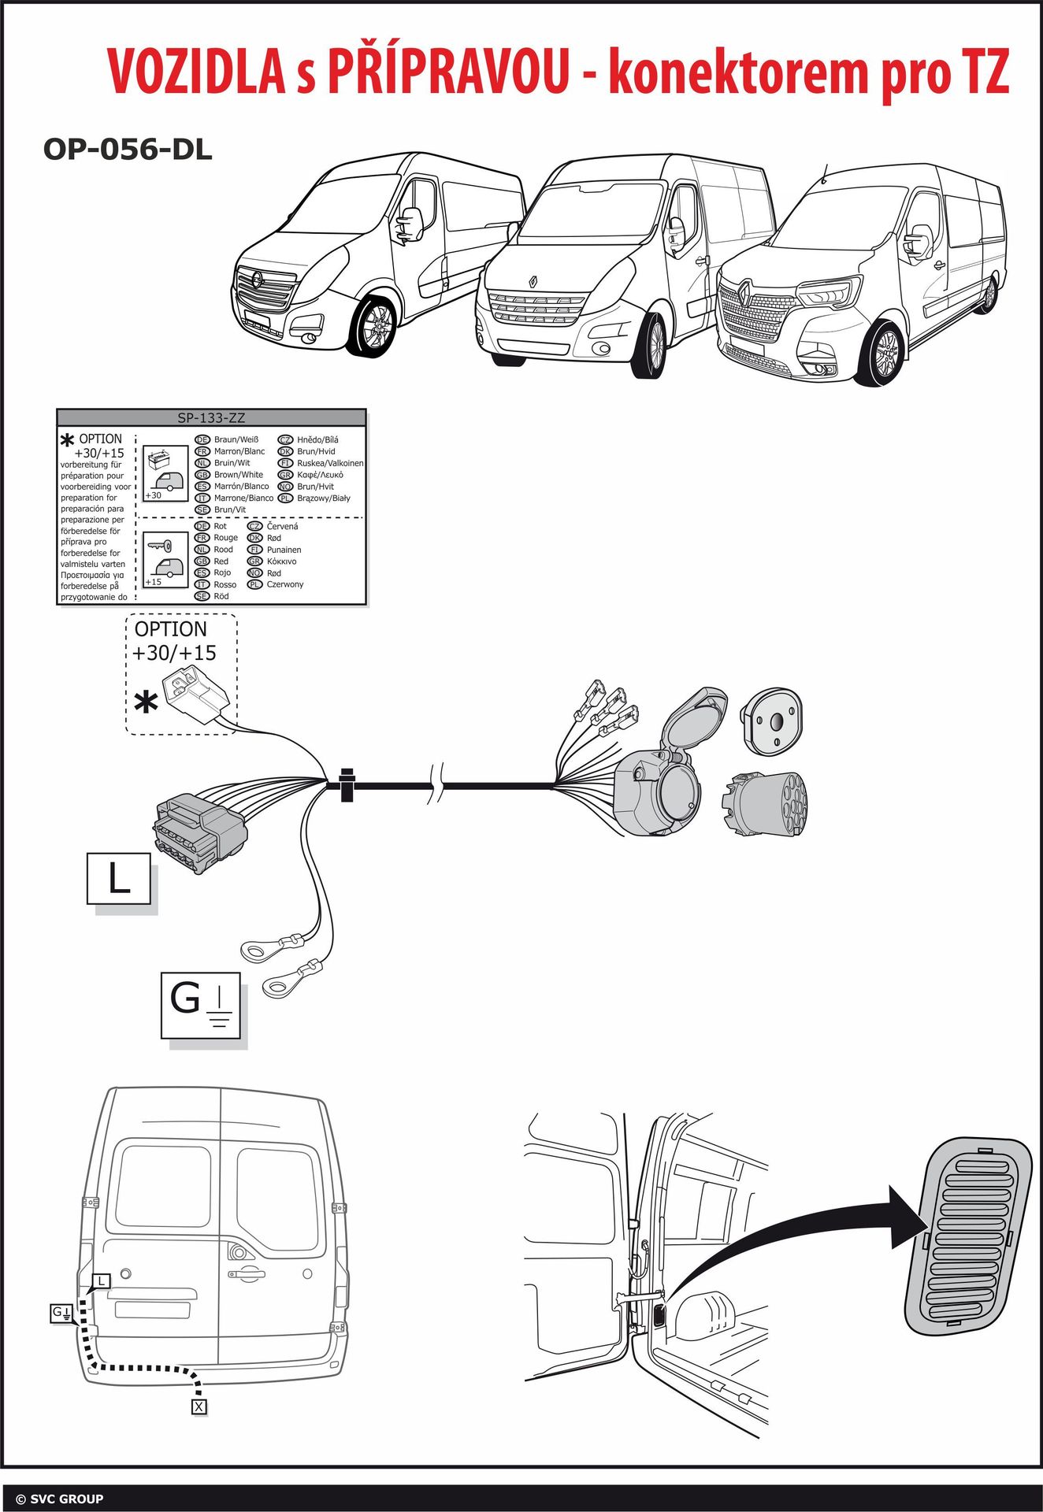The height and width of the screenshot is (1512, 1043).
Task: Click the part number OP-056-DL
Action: coord(128,149)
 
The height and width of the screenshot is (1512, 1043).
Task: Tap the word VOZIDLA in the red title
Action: coord(197,72)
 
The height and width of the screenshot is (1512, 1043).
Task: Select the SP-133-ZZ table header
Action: coord(211,418)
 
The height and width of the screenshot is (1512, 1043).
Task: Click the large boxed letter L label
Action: coord(119,878)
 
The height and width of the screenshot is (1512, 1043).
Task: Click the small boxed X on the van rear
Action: coord(199,1406)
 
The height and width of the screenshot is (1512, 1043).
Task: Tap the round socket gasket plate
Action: coord(773,719)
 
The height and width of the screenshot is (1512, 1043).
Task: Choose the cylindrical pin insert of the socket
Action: coord(764,804)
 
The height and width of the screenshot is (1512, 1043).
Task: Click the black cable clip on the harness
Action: coord(347,784)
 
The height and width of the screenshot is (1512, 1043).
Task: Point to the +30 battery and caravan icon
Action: coord(165,473)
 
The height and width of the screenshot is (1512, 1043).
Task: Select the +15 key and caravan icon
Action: coord(165,559)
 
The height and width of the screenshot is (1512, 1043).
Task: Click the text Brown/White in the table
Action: coord(238,475)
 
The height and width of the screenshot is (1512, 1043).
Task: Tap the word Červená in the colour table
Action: coord(282,526)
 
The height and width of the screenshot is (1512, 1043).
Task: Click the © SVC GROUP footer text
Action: coord(59,1499)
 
